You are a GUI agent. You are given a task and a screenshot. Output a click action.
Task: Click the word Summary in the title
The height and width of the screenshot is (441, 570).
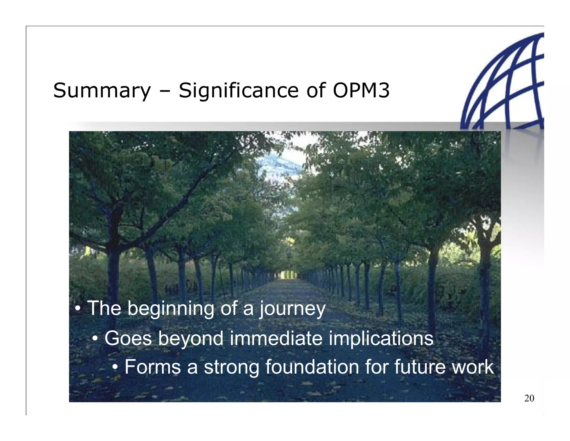click(102, 91)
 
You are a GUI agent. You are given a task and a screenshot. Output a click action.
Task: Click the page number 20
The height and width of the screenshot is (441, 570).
click(529, 398)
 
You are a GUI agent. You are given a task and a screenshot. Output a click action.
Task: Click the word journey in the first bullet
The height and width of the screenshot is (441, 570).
click(292, 309)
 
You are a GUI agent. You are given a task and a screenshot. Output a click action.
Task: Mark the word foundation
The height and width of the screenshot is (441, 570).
click(312, 367)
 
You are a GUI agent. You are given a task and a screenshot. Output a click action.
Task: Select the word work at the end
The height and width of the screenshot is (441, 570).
click(473, 367)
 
